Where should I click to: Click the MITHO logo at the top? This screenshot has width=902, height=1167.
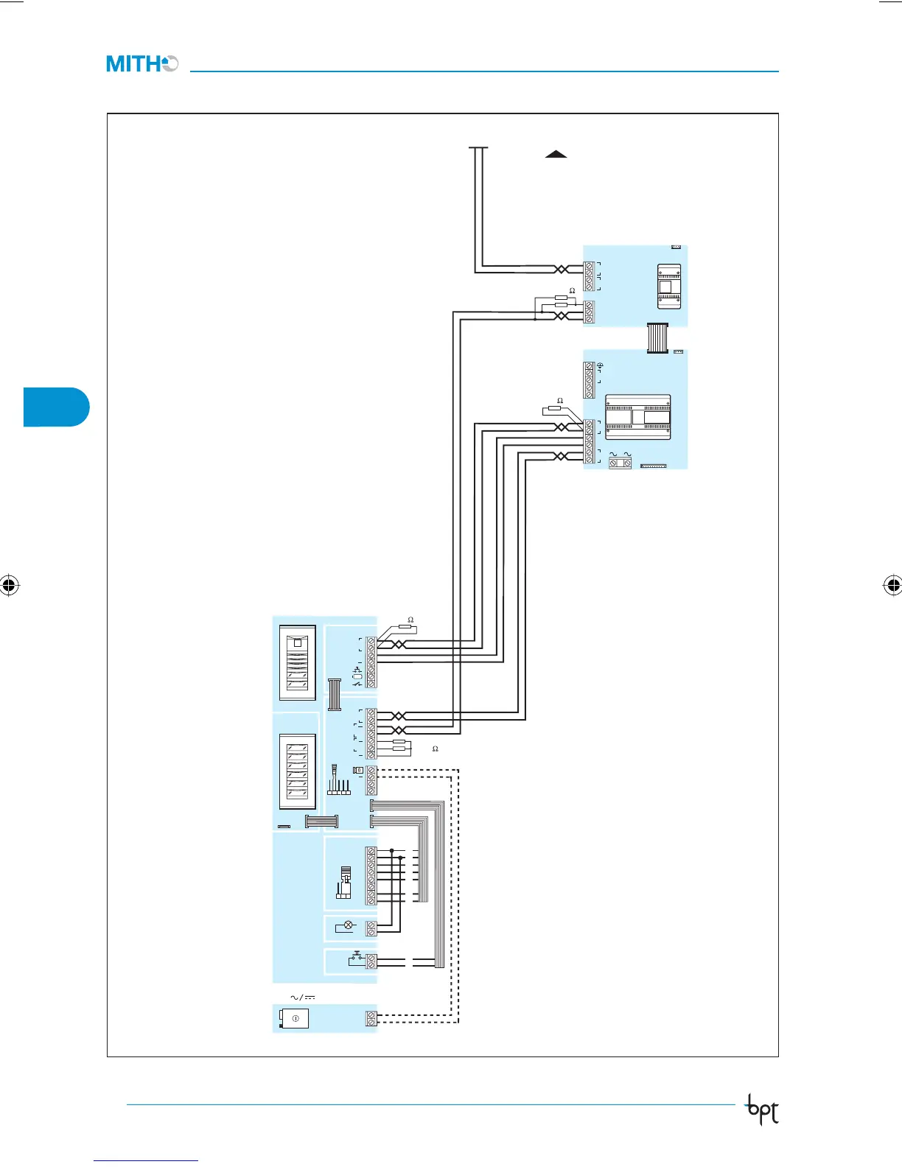[x=142, y=64]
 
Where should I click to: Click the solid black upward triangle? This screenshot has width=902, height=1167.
[x=556, y=154]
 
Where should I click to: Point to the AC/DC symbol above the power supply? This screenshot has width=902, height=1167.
[x=302, y=998]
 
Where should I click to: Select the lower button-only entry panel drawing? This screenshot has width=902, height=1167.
[x=298, y=771]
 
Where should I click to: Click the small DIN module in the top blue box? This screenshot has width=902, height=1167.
[x=668, y=285]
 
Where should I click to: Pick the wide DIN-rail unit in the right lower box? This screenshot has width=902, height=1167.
[x=638, y=417]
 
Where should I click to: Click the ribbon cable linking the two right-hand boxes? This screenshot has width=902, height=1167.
[x=657, y=338]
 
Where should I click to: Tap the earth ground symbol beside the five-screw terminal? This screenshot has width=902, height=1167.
[x=600, y=366]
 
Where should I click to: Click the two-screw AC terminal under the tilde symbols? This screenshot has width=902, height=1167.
[x=620, y=463]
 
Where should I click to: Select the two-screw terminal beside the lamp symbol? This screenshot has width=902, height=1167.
[x=371, y=928]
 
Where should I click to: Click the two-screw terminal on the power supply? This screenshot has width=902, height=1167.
[x=371, y=1018]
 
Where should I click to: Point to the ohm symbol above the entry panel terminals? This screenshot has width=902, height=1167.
[x=410, y=620]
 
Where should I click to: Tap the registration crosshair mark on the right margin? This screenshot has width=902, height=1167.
[x=892, y=586]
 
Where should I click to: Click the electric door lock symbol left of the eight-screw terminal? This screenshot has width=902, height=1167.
[x=343, y=883]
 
